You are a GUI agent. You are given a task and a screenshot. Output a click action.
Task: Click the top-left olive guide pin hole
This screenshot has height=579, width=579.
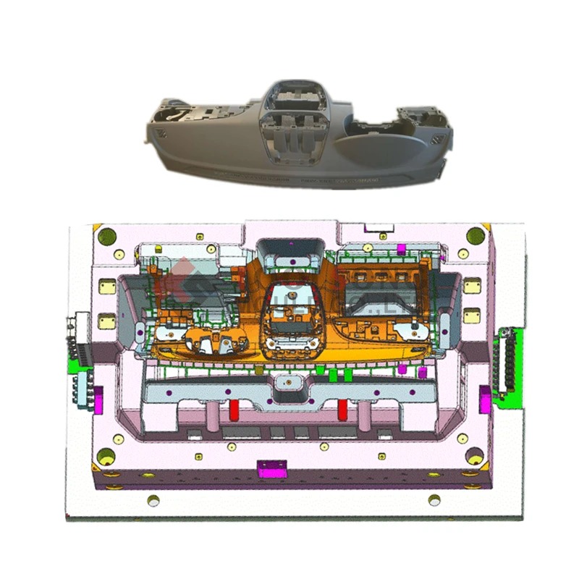[x=107, y=236]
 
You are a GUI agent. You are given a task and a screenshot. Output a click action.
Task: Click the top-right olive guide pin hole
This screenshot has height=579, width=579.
[x=475, y=235]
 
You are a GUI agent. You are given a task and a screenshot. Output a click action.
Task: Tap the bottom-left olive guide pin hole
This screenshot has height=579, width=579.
[x=106, y=457]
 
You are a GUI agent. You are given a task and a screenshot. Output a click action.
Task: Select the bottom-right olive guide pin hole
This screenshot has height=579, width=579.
[x=475, y=457]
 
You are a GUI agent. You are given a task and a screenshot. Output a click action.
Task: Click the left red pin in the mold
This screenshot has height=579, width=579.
[x=234, y=410]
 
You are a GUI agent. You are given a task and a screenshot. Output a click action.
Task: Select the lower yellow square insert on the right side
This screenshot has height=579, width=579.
[x=471, y=316]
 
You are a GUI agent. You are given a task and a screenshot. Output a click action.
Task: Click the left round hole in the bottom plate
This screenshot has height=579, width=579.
[x=153, y=499]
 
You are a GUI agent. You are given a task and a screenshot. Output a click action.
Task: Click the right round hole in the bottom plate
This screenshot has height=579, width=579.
[x=434, y=499]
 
